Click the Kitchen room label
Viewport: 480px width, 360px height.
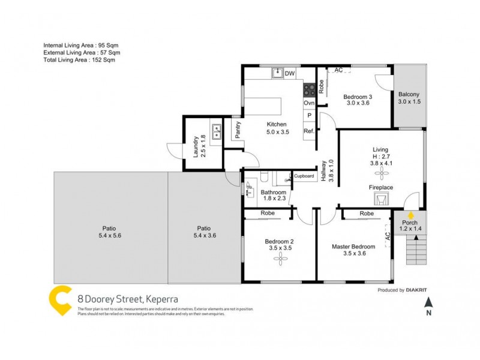click(277, 124)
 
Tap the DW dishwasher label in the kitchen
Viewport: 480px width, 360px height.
click(289, 74)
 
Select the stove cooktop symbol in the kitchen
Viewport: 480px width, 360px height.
click(309, 90)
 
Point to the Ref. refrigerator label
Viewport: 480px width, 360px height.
click(309, 131)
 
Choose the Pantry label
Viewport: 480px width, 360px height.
click(238, 131)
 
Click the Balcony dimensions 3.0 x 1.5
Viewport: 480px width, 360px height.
click(409, 102)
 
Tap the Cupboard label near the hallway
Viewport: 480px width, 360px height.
click(304, 176)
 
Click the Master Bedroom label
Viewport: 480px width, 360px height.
click(353, 246)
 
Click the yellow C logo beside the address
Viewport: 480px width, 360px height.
click(59, 300)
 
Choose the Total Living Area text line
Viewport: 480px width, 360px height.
click(79, 59)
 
